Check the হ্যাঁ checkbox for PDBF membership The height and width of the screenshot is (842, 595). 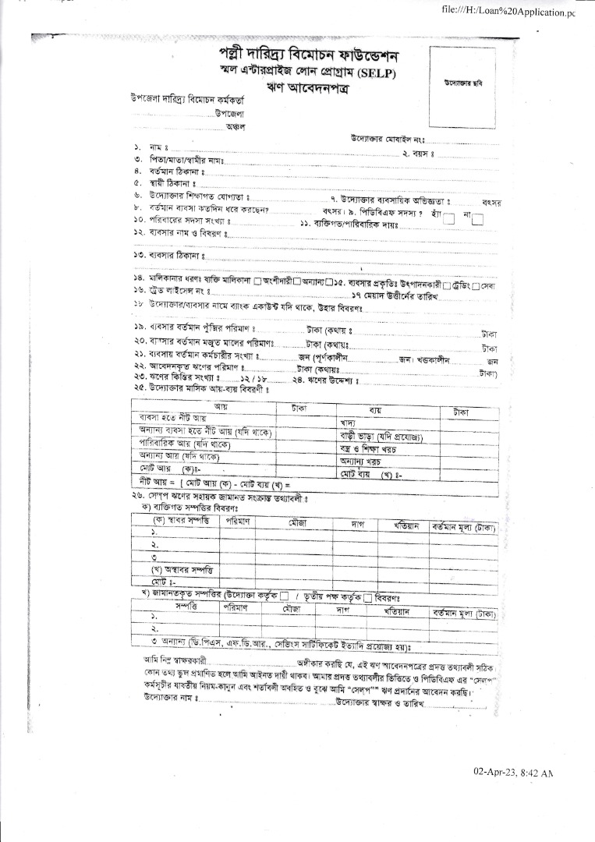449,220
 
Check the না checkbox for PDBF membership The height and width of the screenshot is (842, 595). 478,220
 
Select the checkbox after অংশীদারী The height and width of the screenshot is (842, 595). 296,282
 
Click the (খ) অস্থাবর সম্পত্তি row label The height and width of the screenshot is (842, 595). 181,569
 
